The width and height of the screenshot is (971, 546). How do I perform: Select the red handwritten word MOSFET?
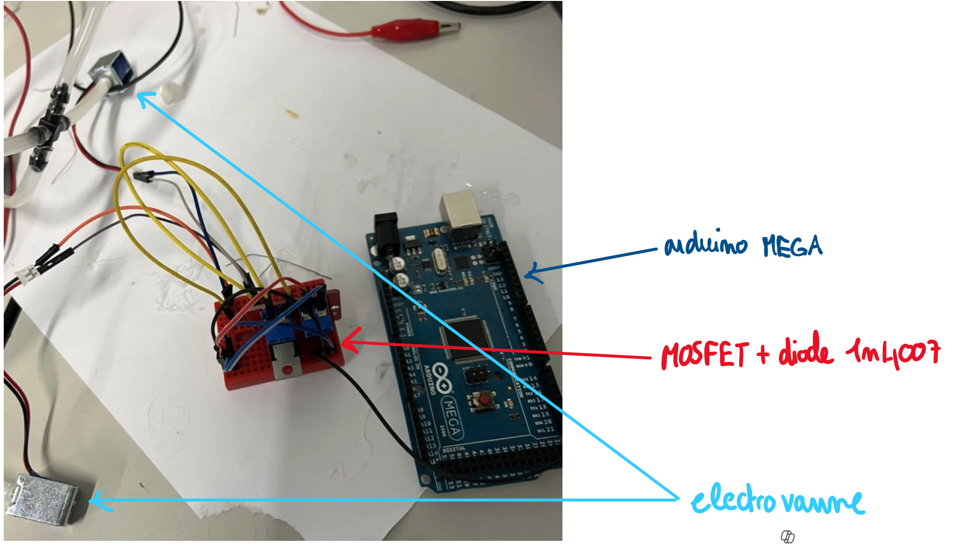pyautogui.click(x=705, y=355)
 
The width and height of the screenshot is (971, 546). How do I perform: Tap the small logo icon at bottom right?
pyautogui.click(x=787, y=537)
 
